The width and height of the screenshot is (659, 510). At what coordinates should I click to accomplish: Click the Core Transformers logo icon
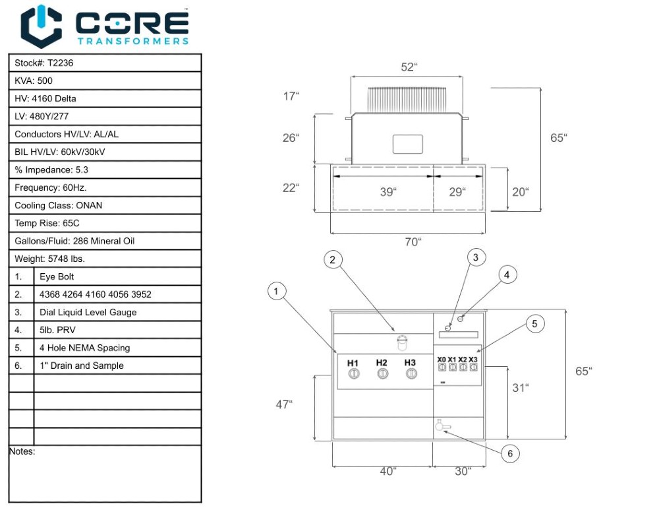[42, 26]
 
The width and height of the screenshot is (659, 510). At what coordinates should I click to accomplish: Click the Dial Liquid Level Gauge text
[88, 312]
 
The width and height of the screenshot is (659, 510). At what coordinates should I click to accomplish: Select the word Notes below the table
[22, 452]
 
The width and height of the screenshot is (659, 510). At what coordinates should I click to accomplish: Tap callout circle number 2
[333, 260]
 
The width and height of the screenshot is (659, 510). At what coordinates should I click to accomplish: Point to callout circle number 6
[510, 453]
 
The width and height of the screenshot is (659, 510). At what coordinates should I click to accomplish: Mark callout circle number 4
[507, 275]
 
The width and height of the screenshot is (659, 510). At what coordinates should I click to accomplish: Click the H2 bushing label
[382, 363]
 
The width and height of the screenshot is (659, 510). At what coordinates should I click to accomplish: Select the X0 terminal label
[442, 360]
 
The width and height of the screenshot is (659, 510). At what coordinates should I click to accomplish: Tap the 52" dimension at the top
[409, 67]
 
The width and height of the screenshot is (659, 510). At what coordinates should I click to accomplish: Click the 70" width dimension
[413, 241]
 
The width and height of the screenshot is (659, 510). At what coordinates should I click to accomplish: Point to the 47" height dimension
[284, 404]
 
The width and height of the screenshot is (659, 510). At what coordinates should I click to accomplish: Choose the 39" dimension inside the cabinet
[388, 192]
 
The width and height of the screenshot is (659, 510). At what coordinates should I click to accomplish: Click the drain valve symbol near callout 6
[441, 427]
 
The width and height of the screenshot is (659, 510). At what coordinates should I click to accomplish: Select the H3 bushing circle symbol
[411, 374]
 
